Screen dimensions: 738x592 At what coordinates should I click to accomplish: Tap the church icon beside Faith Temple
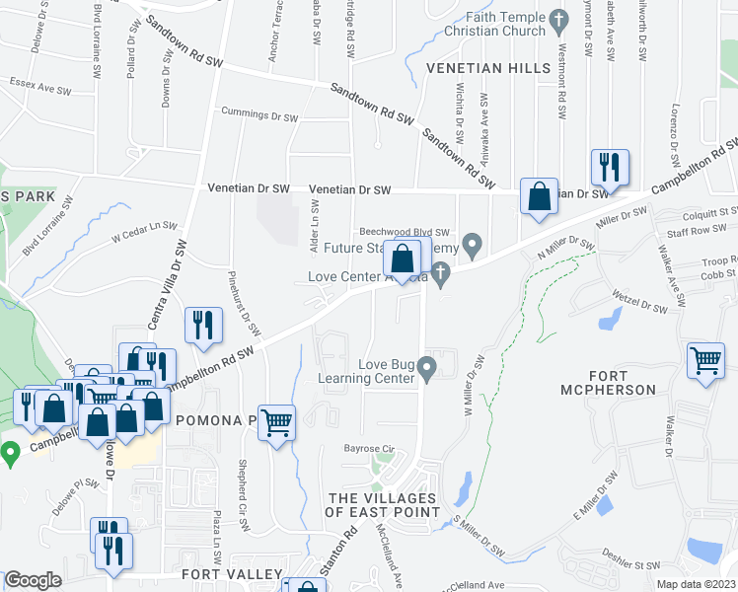pyautogui.click(x=558, y=19)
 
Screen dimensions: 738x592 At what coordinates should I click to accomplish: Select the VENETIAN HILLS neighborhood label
pyautogui.click(x=487, y=68)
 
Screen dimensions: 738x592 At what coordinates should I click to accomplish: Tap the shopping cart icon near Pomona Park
pyautogui.click(x=276, y=421)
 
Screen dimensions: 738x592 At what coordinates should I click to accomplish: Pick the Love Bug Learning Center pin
pyautogui.click(x=426, y=370)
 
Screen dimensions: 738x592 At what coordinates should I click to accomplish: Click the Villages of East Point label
pyautogui.click(x=383, y=504)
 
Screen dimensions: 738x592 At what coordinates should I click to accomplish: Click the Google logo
pyautogui.click(x=34, y=580)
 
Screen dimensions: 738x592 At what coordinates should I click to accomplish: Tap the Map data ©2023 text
pyautogui.click(x=695, y=584)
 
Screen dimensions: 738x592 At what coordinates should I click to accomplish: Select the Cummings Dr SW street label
pyautogui.click(x=258, y=115)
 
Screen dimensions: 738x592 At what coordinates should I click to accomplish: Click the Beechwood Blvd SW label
pyautogui.click(x=404, y=232)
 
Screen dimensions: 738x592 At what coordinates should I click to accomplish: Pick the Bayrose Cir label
pyautogui.click(x=369, y=449)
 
